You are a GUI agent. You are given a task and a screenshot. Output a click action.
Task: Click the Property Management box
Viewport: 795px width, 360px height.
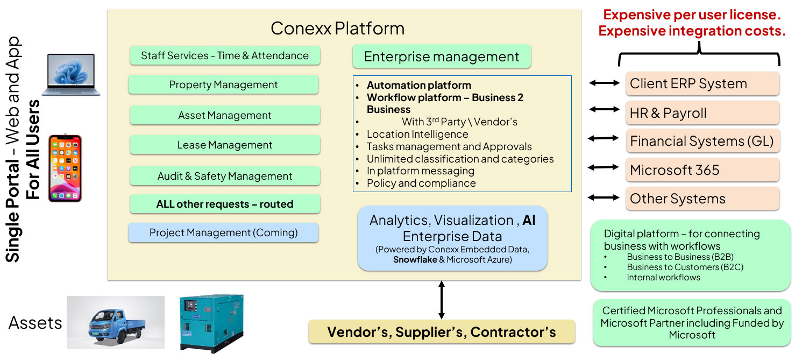[x=223, y=85]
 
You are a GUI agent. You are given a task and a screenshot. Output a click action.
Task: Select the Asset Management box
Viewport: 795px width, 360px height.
[x=225, y=115]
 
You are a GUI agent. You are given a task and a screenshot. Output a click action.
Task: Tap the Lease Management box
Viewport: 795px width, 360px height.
[x=225, y=145]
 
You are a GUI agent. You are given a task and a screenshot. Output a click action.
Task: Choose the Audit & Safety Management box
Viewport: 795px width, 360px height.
[x=225, y=176]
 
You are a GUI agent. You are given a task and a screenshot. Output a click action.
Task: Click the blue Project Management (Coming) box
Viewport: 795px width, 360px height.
[x=223, y=233]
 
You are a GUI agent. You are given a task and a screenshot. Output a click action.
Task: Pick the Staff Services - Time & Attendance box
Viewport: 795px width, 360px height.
[x=225, y=55]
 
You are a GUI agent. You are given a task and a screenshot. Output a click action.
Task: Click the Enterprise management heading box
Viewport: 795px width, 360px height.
[x=442, y=57]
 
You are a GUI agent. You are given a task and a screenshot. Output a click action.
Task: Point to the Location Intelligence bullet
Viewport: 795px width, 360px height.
[x=417, y=135]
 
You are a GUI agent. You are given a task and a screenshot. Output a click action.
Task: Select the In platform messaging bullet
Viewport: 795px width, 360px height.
[x=421, y=171]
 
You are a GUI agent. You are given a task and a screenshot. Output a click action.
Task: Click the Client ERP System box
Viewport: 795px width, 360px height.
[x=702, y=84]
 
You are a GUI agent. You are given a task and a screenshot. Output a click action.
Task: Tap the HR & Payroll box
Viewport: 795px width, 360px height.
[x=702, y=113]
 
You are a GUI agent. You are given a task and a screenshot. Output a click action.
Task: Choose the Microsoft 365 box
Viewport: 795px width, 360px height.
[x=702, y=170]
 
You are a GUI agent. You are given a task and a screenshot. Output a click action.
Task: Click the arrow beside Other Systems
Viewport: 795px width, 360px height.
[x=604, y=198]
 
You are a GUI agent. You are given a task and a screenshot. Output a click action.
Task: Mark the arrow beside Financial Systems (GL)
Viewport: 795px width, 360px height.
[x=604, y=138]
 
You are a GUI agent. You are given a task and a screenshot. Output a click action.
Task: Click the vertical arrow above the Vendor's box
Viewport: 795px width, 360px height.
[x=442, y=300]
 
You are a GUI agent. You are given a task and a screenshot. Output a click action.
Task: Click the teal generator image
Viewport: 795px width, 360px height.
[x=211, y=323]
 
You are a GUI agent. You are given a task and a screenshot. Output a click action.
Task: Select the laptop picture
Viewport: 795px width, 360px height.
[x=71, y=74]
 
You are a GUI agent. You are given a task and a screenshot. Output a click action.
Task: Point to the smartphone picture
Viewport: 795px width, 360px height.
[x=65, y=168]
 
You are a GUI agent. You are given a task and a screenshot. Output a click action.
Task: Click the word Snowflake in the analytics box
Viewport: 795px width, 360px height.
[x=415, y=260]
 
